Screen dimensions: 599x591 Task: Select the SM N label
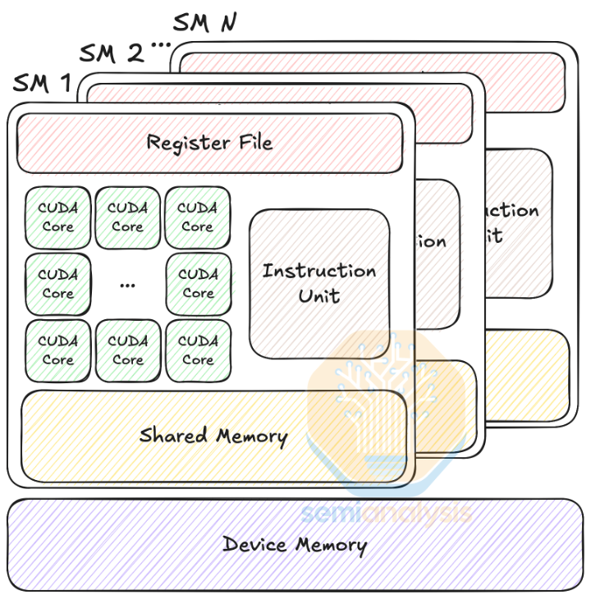205,23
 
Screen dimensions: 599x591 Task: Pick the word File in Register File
251,142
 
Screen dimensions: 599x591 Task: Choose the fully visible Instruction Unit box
319,283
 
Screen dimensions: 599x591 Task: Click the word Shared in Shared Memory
172,435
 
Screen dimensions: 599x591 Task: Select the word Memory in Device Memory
331,545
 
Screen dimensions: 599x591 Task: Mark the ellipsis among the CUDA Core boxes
127,284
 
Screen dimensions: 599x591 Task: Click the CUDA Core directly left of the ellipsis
57,284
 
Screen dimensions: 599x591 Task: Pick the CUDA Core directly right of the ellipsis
198,284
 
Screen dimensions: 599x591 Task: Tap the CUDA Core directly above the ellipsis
127,217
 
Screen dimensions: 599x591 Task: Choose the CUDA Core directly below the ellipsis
127,350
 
